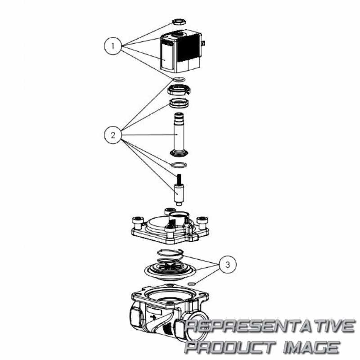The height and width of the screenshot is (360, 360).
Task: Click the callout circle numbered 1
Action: click(113, 46)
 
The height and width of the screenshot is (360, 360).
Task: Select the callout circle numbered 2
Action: click(113, 135)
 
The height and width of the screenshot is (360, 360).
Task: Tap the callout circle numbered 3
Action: click(228, 265)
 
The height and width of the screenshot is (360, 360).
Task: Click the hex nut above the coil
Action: click(179, 22)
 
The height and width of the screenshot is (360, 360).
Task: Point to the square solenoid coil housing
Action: click(181, 52)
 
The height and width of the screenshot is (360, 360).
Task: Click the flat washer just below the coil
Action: click(179, 80)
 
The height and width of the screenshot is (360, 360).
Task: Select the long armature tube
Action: click(179, 135)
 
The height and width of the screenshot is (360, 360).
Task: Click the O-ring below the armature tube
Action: click(179, 165)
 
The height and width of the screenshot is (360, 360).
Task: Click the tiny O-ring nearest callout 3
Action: click(192, 284)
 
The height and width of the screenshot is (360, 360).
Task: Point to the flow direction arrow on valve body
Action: click(153, 317)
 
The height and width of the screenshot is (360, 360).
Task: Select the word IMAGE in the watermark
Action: click(311, 346)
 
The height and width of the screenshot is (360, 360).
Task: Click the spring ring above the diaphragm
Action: click(170, 253)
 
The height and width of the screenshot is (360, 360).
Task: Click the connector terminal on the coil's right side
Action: click(203, 43)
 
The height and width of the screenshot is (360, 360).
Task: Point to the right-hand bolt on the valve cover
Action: click(202, 223)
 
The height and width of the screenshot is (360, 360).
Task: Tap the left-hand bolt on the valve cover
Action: click(138, 223)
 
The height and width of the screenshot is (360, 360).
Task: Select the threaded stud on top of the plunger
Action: click(179, 179)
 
